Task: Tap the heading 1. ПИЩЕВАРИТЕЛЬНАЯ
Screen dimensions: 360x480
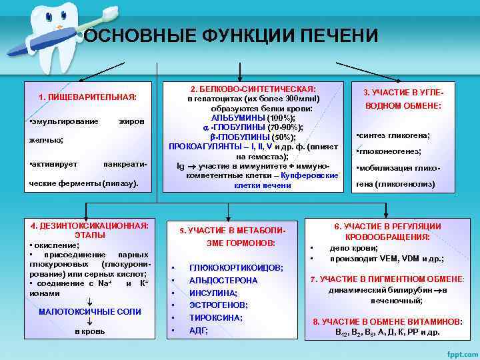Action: pos(87,97)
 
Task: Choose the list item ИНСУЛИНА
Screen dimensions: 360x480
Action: pos(213,293)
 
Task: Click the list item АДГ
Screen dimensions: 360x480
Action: pos(199,330)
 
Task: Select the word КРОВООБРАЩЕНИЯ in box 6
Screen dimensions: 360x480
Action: pos(387,237)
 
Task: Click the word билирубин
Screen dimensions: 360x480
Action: pos(409,291)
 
